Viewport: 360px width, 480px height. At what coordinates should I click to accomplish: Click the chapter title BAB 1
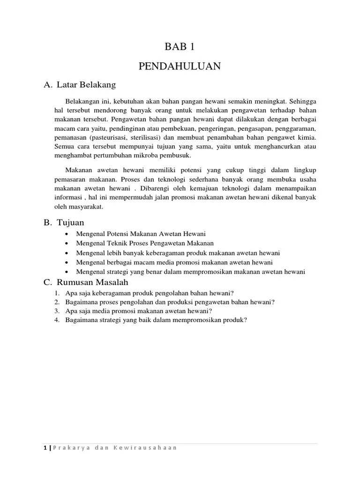coord(180,46)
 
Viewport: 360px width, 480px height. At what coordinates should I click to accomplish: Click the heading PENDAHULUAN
coord(180,67)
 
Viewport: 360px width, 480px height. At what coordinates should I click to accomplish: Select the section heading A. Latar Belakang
coord(79,85)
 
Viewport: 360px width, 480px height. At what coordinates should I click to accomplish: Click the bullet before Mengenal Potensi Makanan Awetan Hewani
coord(68,234)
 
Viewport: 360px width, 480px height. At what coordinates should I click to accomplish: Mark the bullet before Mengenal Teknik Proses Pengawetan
coord(68,243)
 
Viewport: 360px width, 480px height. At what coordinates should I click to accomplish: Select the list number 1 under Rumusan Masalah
coord(56,292)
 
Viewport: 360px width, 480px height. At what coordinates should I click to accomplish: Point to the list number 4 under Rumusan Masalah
coord(56,321)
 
